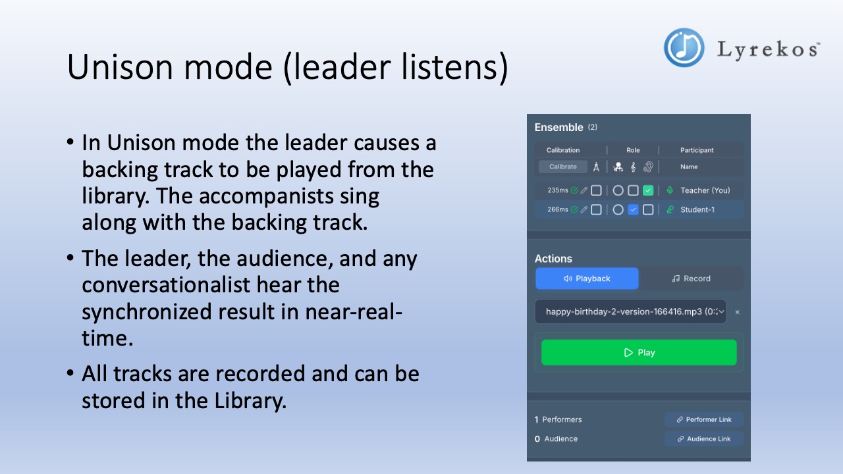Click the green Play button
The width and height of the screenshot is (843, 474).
pyautogui.click(x=639, y=352)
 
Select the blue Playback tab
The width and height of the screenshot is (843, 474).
pyautogui.click(x=587, y=278)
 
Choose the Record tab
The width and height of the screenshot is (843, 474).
pyautogui.click(x=691, y=278)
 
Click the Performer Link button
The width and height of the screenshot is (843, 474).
pyautogui.click(x=704, y=419)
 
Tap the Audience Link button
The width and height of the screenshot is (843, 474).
pyautogui.click(x=704, y=438)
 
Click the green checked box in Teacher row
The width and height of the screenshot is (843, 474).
pyautogui.click(x=648, y=190)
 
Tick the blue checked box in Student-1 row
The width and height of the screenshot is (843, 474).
pyautogui.click(x=633, y=209)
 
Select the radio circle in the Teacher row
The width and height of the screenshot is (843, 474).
pyautogui.click(x=618, y=190)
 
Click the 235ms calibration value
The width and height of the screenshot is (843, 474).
pyautogui.click(x=557, y=190)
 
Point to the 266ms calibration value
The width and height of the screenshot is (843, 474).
pyautogui.click(x=557, y=209)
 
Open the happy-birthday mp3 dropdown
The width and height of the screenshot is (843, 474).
pyautogui.click(x=630, y=311)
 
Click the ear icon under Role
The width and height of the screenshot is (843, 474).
pyautogui.click(x=648, y=167)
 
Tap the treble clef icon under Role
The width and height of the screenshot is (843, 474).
pyautogui.click(x=633, y=167)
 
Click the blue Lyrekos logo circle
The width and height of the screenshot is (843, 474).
pyautogui.click(x=684, y=47)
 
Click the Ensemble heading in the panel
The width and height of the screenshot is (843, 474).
pyautogui.click(x=558, y=127)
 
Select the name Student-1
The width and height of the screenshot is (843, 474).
pyautogui.click(x=697, y=209)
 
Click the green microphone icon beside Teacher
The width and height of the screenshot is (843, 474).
pyautogui.click(x=670, y=190)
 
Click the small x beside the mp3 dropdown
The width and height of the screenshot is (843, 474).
pyautogui.click(x=737, y=312)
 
